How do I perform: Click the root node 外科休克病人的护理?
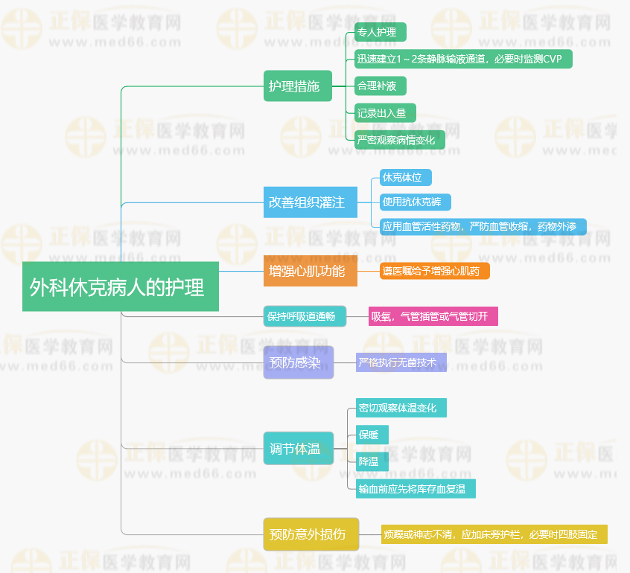point(121,286)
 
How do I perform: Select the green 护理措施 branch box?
point(298,86)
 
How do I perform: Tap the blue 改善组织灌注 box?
point(311,202)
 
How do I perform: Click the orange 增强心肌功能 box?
point(311,271)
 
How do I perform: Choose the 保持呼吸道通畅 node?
point(305,316)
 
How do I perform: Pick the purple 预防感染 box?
point(299,362)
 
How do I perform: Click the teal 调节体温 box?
point(299,448)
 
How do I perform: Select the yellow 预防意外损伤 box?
point(311,534)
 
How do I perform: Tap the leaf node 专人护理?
point(380,32)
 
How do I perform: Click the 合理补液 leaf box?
point(380,86)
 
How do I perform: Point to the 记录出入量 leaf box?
point(385,113)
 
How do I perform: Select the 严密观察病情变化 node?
point(400,140)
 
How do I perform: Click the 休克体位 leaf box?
point(406,178)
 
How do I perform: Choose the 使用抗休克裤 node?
point(416,202)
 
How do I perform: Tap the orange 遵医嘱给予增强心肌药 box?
point(435,271)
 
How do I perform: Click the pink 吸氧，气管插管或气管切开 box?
point(433,316)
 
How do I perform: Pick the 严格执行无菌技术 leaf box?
point(401,362)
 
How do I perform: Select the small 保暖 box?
point(372,435)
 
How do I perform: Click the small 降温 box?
point(372,461)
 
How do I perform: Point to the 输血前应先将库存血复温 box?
point(416,489)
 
